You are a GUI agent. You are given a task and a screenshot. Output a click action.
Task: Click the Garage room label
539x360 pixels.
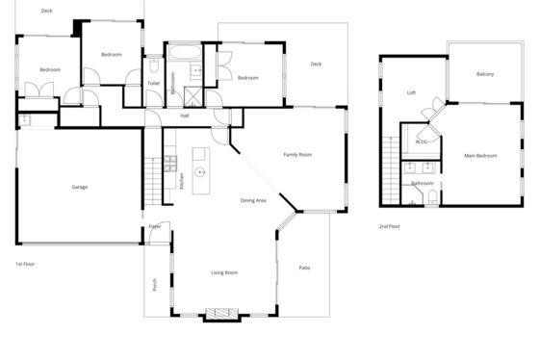[x=80, y=187]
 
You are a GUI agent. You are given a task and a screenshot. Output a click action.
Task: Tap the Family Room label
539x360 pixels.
[x=297, y=155]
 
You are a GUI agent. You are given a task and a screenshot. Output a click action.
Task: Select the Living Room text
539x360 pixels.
[x=224, y=272]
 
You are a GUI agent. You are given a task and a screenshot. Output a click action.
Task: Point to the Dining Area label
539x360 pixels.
[x=253, y=200]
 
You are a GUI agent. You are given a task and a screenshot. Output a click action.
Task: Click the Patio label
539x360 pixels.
[x=304, y=268]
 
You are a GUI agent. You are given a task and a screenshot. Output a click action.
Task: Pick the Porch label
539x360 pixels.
[x=155, y=285]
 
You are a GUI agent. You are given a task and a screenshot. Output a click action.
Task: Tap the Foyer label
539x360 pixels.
[x=155, y=226]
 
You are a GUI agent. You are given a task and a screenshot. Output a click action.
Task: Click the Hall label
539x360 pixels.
[x=185, y=116]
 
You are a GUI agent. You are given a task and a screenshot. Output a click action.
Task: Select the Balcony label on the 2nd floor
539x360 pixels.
[x=485, y=74]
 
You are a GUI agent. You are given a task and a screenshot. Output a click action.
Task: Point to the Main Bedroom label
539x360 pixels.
[x=480, y=156]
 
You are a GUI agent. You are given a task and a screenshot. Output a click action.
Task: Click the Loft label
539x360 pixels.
[x=411, y=92]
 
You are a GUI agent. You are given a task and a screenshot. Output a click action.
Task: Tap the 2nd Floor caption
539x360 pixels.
[x=390, y=226]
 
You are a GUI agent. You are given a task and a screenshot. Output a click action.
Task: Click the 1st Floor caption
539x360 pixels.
[x=25, y=264]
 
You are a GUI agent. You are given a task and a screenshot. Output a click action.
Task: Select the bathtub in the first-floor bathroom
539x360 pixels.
[x=185, y=53]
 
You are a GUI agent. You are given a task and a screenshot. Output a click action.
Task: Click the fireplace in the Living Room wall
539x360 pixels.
[x=221, y=313]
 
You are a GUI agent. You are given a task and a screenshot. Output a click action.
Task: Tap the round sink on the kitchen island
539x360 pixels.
[x=200, y=172]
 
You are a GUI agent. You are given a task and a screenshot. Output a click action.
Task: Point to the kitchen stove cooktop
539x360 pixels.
[x=170, y=164]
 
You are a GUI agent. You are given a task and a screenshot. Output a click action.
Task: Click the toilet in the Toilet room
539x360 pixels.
[x=154, y=65]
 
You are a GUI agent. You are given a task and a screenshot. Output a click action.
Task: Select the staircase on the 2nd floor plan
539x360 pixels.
[x=391, y=170]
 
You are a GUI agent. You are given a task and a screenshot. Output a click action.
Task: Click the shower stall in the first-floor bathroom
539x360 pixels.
[x=192, y=96]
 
